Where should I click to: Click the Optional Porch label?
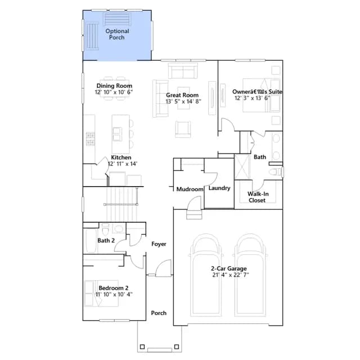[117, 34]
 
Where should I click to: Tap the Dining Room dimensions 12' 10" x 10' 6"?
[114, 92]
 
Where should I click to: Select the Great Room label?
[182, 95]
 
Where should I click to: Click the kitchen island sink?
[118, 134]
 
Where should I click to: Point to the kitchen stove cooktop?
[90, 139]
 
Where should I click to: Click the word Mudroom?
[190, 189]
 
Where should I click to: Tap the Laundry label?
[219, 188]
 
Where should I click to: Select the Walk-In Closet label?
[258, 197]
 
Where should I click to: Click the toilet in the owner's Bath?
[275, 172]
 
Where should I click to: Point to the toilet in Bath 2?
[105, 229]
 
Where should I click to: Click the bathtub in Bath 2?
[91, 240]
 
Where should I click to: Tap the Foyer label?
[159, 244]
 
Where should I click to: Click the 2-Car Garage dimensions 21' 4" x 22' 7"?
[231, 275]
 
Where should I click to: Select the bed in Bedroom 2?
[101, 293]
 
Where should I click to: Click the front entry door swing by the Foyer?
[164, 268]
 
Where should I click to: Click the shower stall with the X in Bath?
[242, 166]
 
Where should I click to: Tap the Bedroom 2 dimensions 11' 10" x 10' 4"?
[114, 294]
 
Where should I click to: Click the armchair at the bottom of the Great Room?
[183, 129]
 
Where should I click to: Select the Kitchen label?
[121, 157]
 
